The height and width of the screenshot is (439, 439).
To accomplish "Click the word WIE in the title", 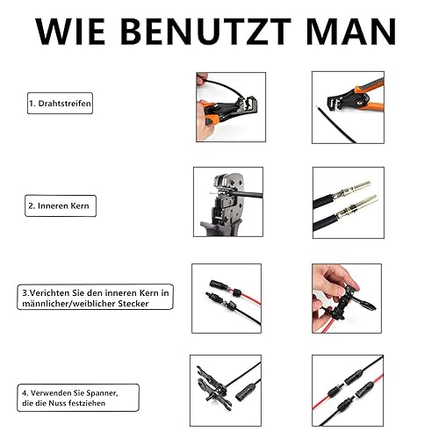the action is [70, 32].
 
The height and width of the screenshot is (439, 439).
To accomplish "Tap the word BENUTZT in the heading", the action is [205, 32].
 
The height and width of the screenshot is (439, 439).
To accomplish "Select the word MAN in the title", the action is [351, 32].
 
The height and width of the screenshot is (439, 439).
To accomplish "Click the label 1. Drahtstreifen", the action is [60, 104].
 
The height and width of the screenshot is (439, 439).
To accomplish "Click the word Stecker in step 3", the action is [133, 304].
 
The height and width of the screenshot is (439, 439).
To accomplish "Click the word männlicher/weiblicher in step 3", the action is [68, 304].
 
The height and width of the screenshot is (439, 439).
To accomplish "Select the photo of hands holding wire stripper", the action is [231, 107].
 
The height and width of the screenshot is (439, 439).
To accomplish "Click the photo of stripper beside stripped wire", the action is [348, 107].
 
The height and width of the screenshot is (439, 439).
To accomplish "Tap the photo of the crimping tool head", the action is [228, 202].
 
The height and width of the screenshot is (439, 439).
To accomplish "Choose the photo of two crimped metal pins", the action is [349, 203].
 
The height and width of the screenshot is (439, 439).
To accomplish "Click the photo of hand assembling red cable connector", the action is [347, 299].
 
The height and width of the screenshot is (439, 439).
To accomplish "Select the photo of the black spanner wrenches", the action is [226, 391].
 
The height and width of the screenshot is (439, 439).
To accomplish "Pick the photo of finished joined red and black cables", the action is [348, 391].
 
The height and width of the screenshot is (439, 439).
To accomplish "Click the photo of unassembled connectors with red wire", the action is [227, 299].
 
